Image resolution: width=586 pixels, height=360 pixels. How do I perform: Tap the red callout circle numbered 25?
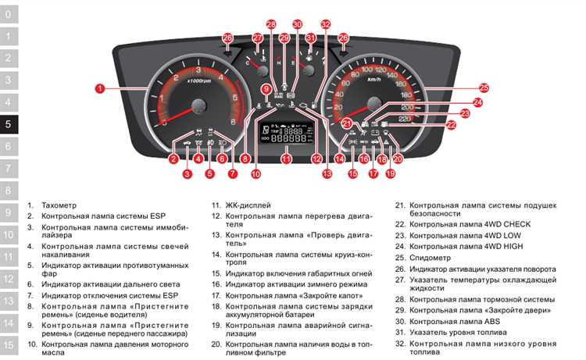(484, 87)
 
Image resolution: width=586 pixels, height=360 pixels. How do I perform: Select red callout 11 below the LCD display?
(286, 159)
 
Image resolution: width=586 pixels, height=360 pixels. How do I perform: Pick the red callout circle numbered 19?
(390, 174)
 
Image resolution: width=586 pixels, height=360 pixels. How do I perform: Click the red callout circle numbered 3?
(187, 174)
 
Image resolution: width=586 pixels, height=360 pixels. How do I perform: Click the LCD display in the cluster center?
(286, 134)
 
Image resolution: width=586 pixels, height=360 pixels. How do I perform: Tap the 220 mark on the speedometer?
(404, 119)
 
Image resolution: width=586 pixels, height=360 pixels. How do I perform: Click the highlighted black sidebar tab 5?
(9, 123)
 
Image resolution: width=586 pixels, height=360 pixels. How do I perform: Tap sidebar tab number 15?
(9, 344)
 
